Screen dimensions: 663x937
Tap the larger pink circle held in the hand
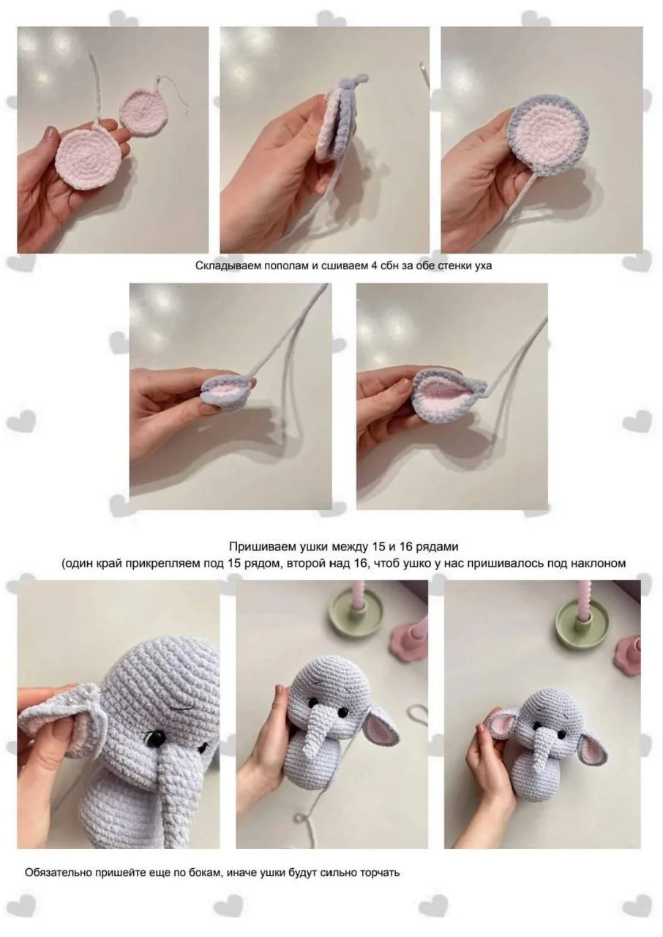[x=87, y=160]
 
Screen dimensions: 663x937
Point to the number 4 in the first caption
[x=374, y=265]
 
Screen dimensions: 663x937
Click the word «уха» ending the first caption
[x=483, y=266]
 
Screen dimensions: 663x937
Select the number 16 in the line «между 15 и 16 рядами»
[x=405, y=546]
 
